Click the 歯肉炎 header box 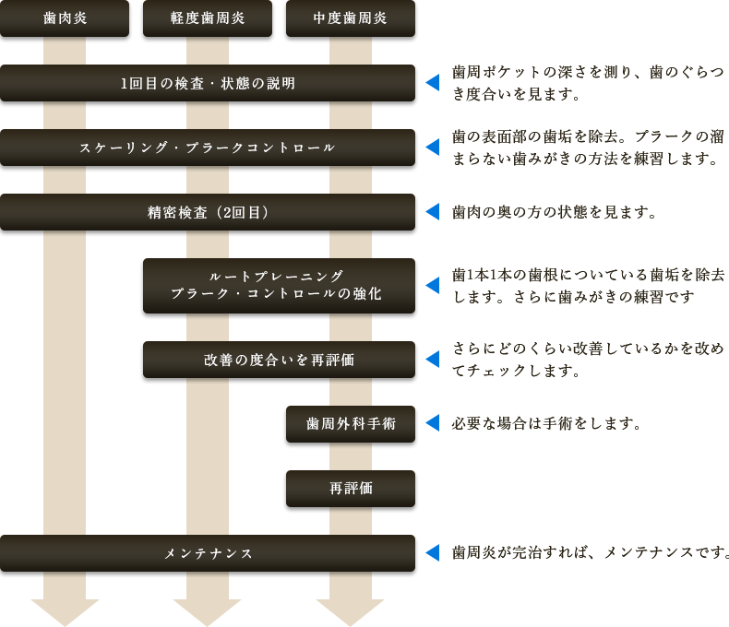click(65, 19)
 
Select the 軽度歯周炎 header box click(208, 19)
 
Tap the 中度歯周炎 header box click(350, 19)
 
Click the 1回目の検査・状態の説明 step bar click(209, 84)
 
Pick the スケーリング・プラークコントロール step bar click(209, 148)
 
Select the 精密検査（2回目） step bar click(209, 213)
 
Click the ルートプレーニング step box click(279, 286)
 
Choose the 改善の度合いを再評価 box click(279, 360)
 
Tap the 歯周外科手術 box click(351, 424)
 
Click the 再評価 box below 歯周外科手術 click(351, 489)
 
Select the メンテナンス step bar click(209, 553)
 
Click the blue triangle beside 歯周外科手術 click(431, 424)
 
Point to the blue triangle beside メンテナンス click(431, 553)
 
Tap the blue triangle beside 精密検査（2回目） click(431, 213)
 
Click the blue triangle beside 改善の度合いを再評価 click(431, 360)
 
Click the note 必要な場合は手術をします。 click(546, 424)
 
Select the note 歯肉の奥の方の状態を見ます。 click(554, 213)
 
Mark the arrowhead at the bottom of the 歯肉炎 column click(65, 610)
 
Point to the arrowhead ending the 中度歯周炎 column click(350, 610)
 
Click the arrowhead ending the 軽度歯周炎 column click(208, 610)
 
